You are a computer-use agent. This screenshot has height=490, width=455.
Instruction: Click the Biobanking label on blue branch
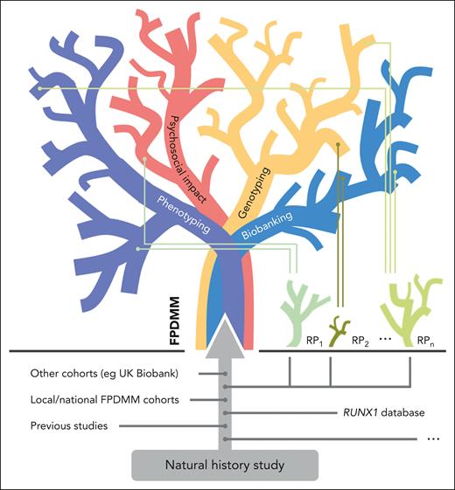click(x=269, y=224)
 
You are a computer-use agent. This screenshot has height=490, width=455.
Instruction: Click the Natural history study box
click(x=227, y=465)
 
